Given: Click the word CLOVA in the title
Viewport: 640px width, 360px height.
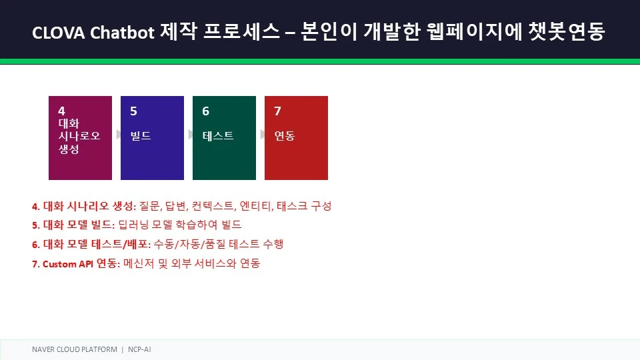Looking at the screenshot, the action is click(x=59, y=32).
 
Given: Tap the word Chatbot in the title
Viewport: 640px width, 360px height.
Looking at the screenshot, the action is click(x=122, y=32).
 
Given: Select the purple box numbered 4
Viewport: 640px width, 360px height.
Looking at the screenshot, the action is click(x=80, y=138).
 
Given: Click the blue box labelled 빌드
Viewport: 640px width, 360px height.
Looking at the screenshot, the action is click(x=152, y=138).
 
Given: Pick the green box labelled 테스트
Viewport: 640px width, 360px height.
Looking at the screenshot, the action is click(x=224, y=138).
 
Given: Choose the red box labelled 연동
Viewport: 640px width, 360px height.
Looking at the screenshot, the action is click(x=296, y=138).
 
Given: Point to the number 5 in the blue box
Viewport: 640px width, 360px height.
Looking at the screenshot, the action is click(x=133, y=111).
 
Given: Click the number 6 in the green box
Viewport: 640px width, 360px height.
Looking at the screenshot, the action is click(x=206, y=111).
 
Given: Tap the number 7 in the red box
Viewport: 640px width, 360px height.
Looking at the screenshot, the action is click(x=277, y=111).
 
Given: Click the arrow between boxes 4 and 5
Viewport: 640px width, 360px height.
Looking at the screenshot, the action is click(x=119, y=134).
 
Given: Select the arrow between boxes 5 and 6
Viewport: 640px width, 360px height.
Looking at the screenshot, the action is click(x=190, y=134).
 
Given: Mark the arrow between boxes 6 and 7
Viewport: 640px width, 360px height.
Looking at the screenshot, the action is click(x=263, y=134).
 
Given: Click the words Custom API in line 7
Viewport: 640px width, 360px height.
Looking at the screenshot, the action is click(x=68, y=264).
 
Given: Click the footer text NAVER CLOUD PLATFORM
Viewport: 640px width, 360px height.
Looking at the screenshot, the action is click(x=74, y=349).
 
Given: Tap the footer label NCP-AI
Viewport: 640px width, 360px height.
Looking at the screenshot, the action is click(x=139, y=349).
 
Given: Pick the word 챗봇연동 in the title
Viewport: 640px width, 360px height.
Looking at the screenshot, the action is click(x=567, y=31).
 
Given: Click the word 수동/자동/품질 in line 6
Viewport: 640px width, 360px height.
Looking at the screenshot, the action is click(x=189, y=244).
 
